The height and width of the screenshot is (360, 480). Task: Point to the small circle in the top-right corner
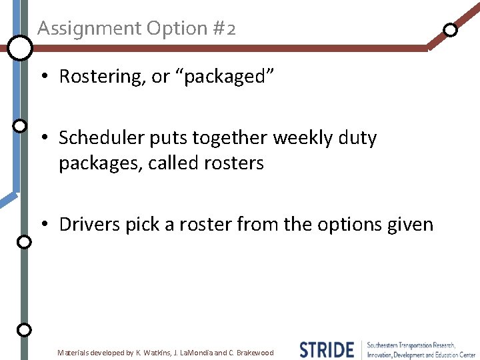[x=451, y=30]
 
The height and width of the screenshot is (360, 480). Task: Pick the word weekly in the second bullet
[x=305, y=138]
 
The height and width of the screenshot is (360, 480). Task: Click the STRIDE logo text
[x=327, y=350]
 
